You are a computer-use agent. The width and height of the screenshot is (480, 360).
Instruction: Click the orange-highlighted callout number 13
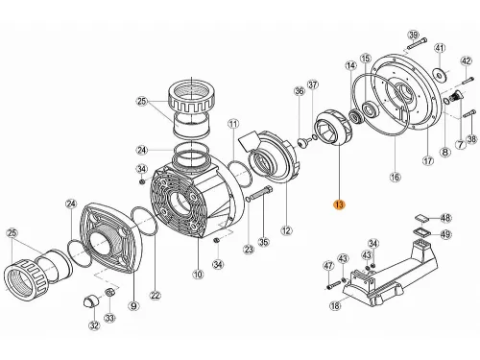click(x=336, y=204)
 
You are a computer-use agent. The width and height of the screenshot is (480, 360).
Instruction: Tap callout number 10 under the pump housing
click(x=198, y=276)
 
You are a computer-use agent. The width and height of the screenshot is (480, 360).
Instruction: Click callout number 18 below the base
click(x=334, y=306)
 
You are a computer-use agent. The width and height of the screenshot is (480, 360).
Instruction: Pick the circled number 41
click(x=440, y=48)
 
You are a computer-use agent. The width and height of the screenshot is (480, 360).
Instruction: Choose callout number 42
click(x=466, y=62)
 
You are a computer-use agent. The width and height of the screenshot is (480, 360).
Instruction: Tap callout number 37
click(x=312, y=84)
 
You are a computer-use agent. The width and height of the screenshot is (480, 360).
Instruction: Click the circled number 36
click(x=299, y=91)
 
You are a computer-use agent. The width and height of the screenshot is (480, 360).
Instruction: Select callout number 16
click(x=394, y=178)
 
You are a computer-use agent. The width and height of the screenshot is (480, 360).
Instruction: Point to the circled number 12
click(x=285, y=230)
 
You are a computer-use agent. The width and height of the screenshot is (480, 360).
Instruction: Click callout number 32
click(x=94, y=326)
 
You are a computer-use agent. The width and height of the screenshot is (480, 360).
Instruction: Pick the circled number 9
click(x=133, y=306)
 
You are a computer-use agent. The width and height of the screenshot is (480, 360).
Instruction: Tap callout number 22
click(x=156, y=294)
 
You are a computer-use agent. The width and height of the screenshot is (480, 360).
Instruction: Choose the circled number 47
click(x=328, y=265)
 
